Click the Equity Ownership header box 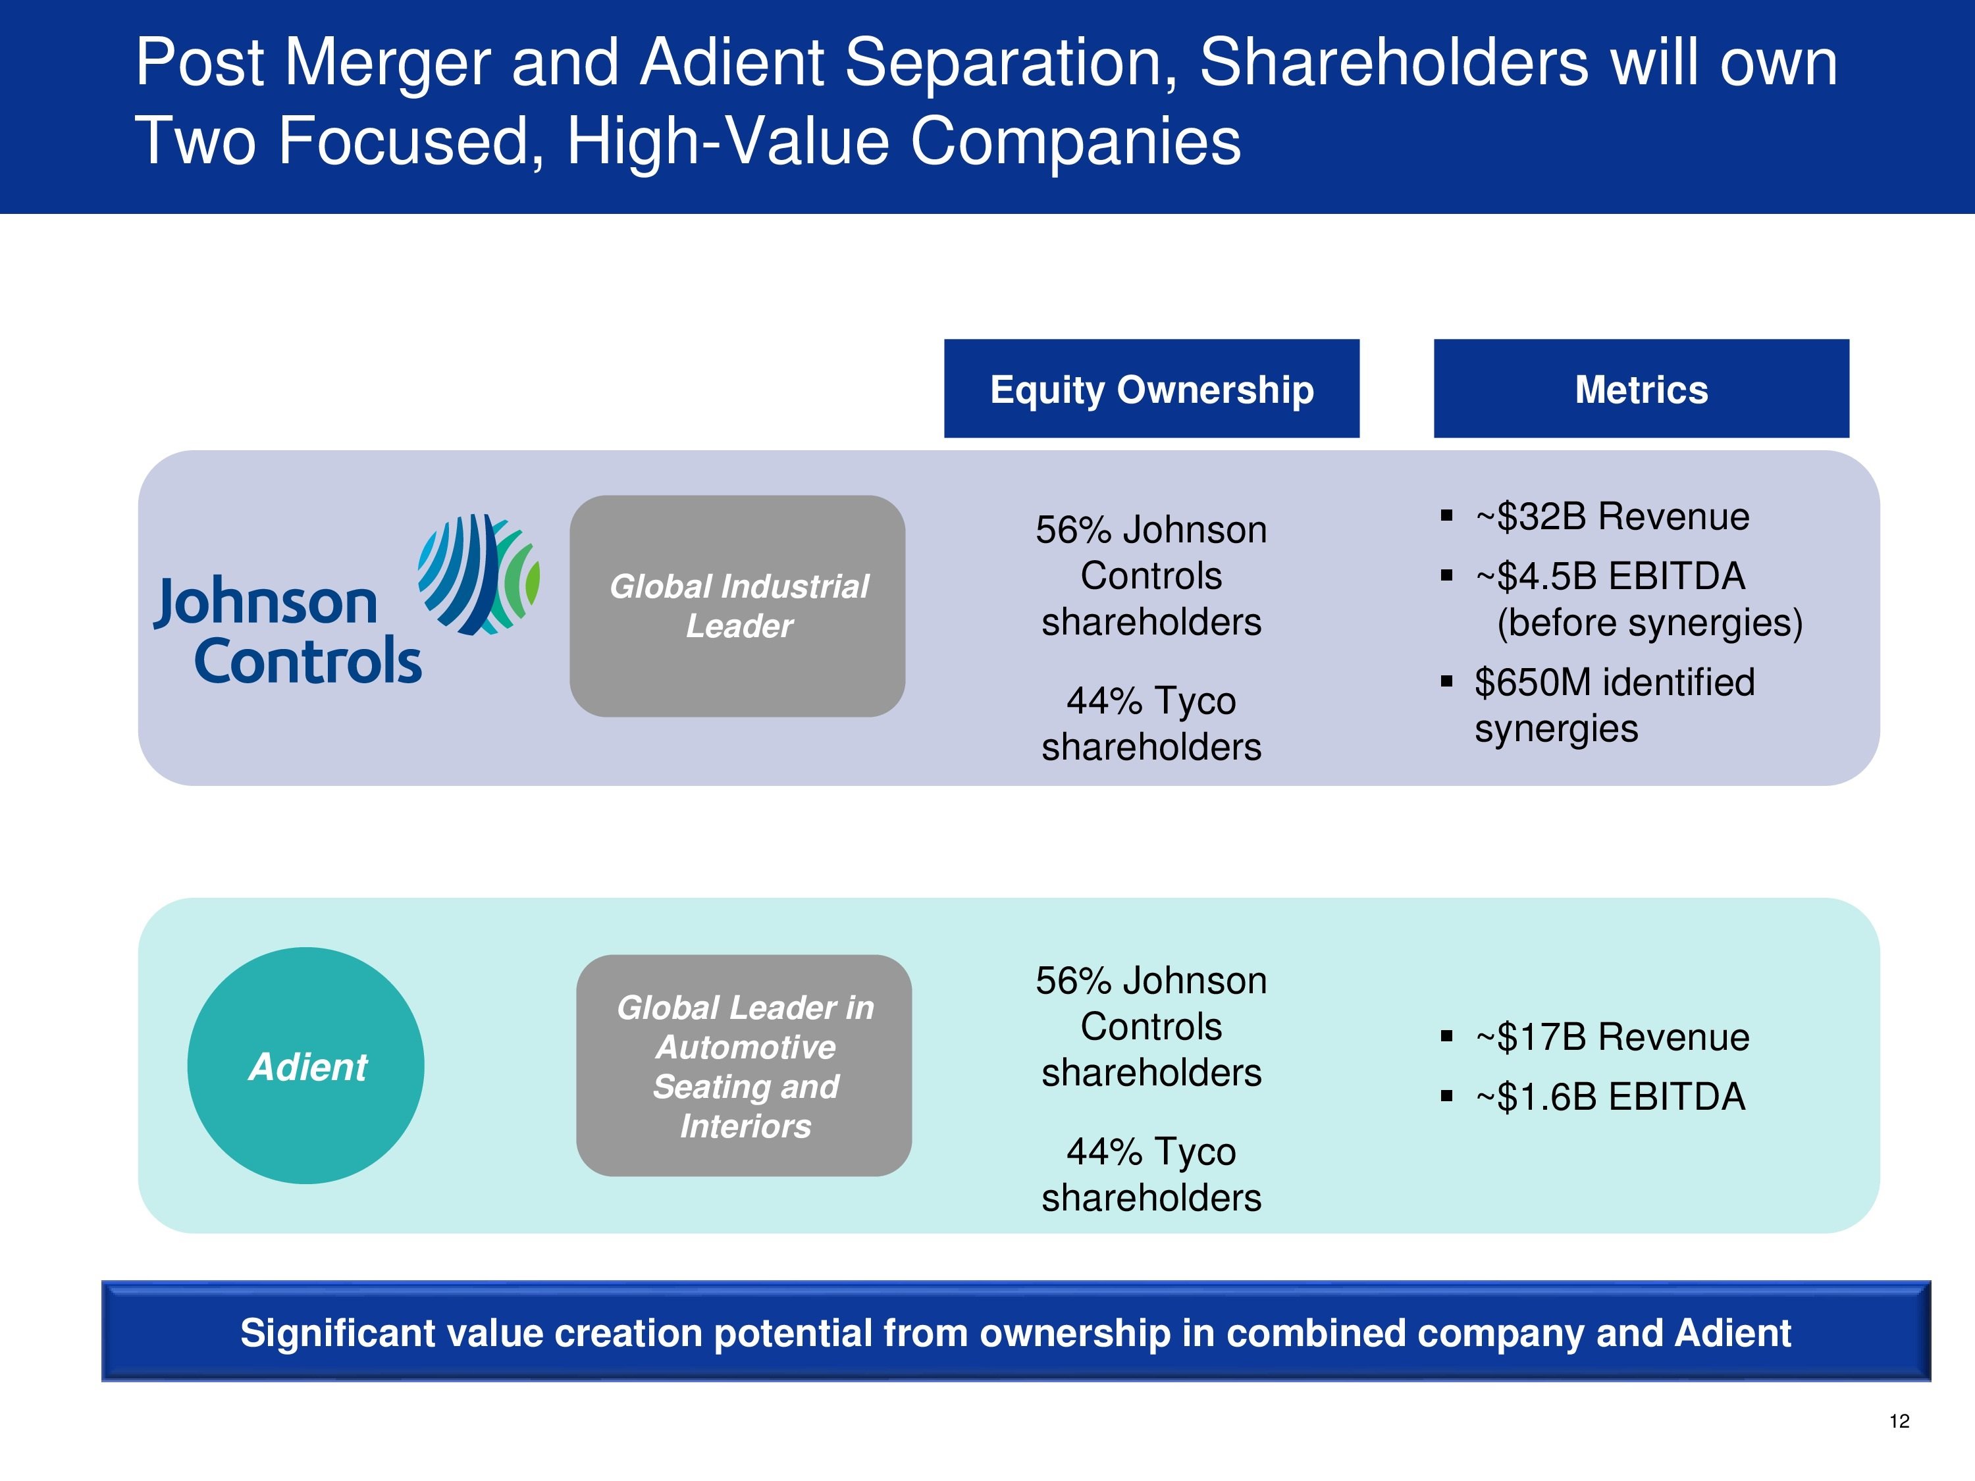(1152, 388)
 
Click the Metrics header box (1641, 388)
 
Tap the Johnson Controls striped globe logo (479, 575)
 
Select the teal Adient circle (306, 1066)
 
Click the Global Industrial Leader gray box (737, 606)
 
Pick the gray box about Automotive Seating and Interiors (744, 1066)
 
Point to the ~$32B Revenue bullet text (1612, 517)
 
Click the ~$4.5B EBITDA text (1610, 577)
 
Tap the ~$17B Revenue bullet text (1612, 1037)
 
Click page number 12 (1899, 1421)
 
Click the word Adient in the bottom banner (1733, 1333)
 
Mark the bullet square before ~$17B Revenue (1446, 1037)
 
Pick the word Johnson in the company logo (265, 604)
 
